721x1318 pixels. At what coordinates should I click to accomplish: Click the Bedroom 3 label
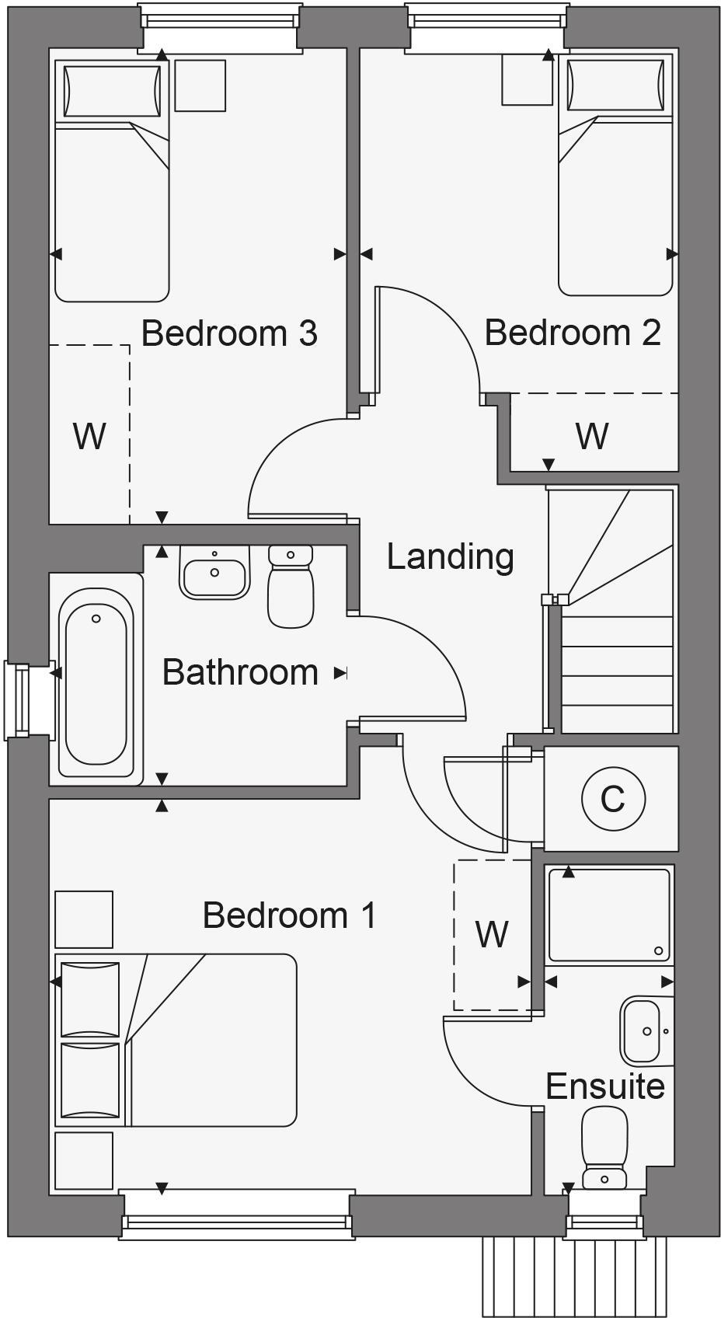tap(229, 333)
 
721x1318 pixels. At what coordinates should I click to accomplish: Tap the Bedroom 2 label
tap(573, 332)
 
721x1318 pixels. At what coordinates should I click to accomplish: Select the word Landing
tap(451, 556)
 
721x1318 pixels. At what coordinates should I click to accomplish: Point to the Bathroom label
tap(240, 672)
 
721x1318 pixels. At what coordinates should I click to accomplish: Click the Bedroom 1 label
tap(289, 915)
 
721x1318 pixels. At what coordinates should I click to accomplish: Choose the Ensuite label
tap(605, 1086)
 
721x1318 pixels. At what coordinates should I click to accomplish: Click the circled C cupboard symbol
tap(613, 798)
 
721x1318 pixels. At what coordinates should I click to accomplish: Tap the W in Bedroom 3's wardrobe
tap(89, 436)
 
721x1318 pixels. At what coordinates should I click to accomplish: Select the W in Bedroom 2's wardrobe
tap(592, 436)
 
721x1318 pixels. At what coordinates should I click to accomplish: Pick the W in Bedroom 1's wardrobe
tap(492, 934)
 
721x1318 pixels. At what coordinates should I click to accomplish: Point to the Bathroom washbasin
tap(214, 573)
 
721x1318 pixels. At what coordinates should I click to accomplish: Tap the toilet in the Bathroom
tap(291, 586)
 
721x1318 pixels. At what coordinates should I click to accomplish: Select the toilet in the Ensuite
tap(604, 1147)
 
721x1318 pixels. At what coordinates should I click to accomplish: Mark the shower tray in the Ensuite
tap(609, 915)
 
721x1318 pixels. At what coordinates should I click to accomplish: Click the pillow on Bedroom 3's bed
tap(113, 91)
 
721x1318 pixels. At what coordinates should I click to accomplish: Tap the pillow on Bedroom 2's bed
tap(616, 86)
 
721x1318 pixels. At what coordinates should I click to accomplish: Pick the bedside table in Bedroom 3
tap(200, 85)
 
